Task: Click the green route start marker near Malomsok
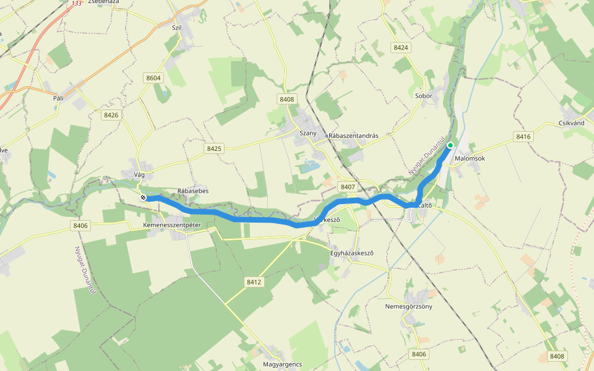450,145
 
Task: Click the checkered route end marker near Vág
143,198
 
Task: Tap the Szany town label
308,134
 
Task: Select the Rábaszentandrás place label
353,135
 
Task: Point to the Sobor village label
423,96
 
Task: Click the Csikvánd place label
571,123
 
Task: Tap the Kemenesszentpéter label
172,225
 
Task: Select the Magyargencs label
282,365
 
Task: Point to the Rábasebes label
193,191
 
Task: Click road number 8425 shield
214,148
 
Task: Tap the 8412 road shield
254,282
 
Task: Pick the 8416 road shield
523,137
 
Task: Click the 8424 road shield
401,48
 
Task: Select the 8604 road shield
153,78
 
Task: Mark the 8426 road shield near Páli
111,115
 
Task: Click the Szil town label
176,27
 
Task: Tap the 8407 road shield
347,186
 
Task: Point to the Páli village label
59,98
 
